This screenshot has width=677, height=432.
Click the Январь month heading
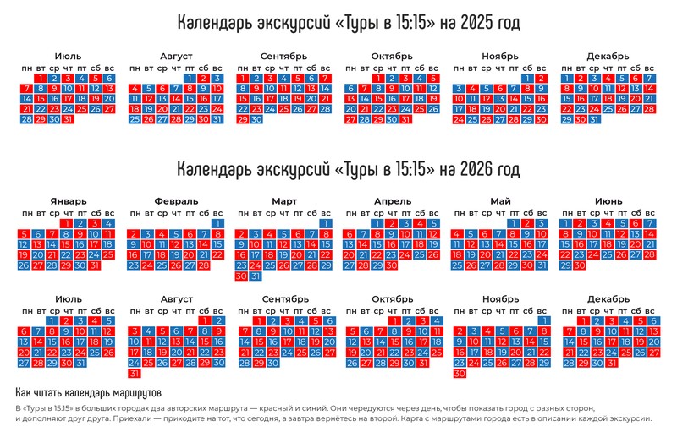point(68,201)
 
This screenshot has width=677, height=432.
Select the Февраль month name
point(177,201)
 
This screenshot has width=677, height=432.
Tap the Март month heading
point(284,201)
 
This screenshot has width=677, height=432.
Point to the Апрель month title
point(392,201)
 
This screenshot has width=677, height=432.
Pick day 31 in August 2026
point(135,373)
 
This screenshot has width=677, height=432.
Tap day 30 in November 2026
point(460,373)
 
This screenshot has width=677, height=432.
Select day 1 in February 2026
point(217,223)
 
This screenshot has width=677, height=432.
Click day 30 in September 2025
point(256,119)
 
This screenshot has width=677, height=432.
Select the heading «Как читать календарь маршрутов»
point(88,394)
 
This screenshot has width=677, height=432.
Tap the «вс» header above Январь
point(107,212)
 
